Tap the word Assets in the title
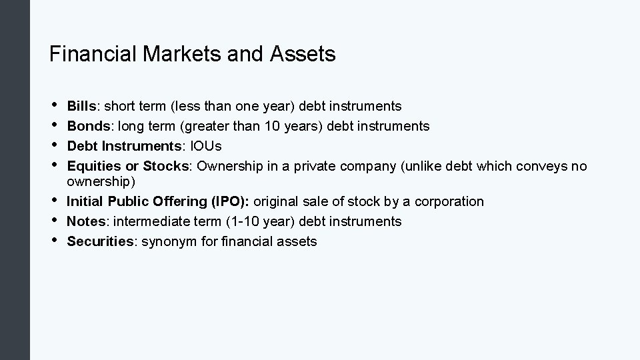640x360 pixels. point(303,55)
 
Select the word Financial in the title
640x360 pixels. point(93,55)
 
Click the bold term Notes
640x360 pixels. point(83,221)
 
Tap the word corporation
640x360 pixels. point(452,201)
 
